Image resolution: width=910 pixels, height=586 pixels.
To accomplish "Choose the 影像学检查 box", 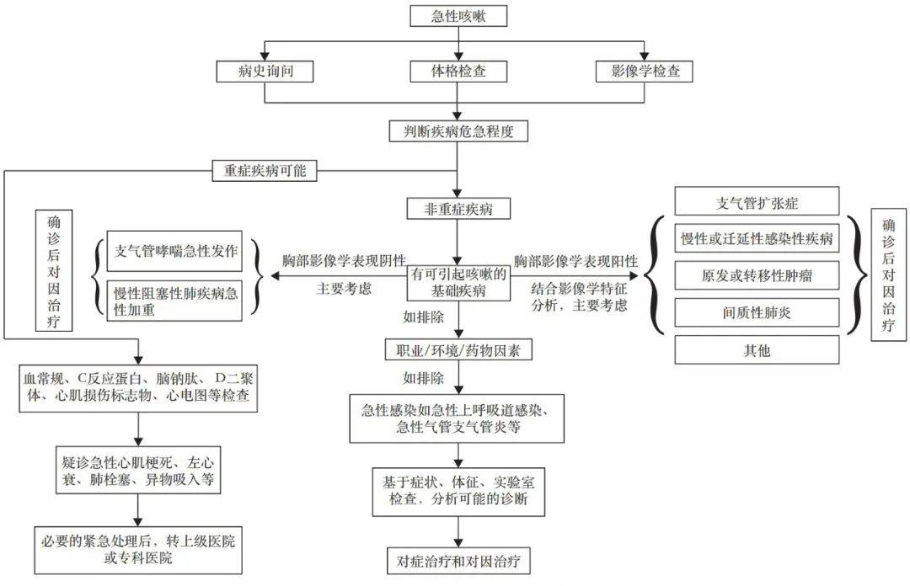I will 645,72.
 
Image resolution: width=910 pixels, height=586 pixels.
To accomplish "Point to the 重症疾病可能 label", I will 265,171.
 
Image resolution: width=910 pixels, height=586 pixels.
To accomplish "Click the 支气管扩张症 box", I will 757,201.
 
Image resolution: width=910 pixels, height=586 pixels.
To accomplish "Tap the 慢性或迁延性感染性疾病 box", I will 757,238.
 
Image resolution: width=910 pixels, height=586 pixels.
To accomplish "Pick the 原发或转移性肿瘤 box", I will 757,275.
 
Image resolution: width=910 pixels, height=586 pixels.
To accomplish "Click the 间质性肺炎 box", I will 757,312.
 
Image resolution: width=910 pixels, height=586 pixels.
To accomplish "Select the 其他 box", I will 757,349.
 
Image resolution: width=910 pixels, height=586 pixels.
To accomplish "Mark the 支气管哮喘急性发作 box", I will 176,250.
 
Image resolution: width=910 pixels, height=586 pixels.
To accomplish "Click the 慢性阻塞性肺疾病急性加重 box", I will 176,300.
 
